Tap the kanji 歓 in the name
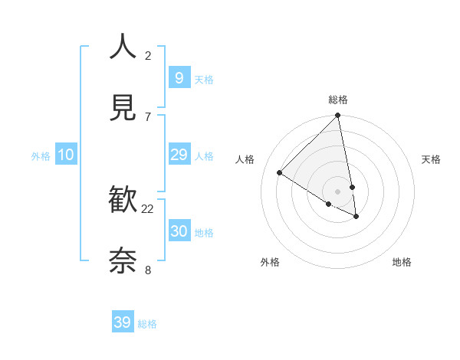(x=123, y=201)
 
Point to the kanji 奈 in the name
(x=123, y=261)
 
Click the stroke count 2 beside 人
(x=148, y=55)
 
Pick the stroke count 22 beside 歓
(x=148, y=208)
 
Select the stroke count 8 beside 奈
(x=148, y=270)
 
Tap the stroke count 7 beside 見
(x=148, y=116)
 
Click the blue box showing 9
(x=179, y=77)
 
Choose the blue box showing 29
(x=179, y=155)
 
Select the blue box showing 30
(x=179, y=231)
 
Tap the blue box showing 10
(x=66, y=155)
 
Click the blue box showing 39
(x=123, y=322)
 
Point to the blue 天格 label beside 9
(x=204, y=80)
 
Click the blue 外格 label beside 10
(x=41, y=156)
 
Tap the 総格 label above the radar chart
(x=338, y=100)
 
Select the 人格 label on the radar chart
(x=245, y=159)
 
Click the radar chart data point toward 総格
(x=337, y=116)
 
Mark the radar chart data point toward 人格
(x=280, y=173)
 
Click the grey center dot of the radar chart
(x=337, y=191)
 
